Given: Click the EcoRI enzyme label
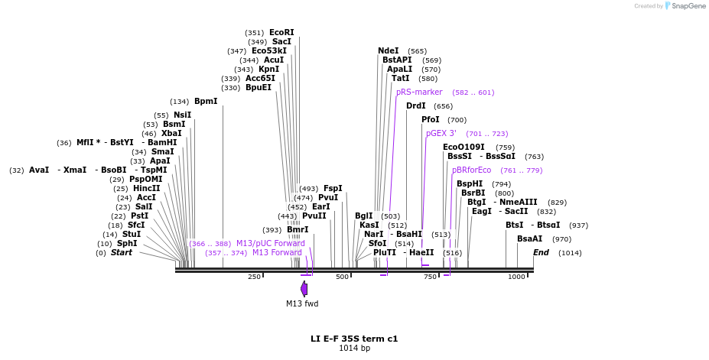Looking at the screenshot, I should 281,32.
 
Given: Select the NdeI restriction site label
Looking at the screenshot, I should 389,50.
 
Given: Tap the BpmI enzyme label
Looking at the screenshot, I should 206,101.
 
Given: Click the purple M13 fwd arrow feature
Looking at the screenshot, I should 304,289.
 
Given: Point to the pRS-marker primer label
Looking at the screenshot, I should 419,92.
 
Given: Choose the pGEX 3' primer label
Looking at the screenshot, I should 441,133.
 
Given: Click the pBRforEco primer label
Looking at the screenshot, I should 472,170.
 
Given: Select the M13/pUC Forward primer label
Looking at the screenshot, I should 270,243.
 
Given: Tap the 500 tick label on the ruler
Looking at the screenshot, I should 342,277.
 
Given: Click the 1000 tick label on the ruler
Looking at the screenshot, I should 516,277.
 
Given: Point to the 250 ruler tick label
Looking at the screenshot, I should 254,277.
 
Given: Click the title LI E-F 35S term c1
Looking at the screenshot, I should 354,338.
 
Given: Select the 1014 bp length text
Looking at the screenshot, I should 354,349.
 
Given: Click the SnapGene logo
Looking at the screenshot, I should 685,6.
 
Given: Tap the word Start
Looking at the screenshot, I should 122,252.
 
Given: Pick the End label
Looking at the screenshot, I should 541,252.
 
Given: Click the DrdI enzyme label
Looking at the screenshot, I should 416,105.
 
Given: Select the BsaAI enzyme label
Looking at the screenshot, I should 529,238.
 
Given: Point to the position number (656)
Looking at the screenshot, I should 443,106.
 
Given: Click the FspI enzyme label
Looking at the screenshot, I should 333,188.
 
